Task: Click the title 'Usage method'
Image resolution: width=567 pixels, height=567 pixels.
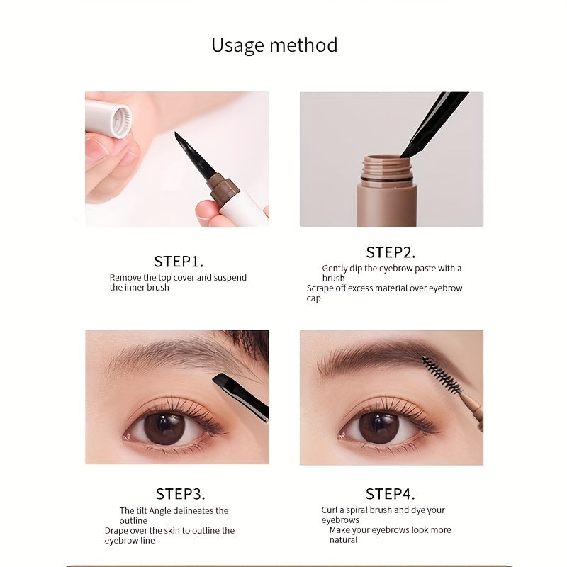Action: pyautogui.click(x=274, y=45)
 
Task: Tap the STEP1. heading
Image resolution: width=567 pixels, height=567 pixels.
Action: pyautogui.click(x=179, y=261)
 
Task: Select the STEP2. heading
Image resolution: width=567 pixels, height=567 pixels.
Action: pyautogui.click(x=391, y=252)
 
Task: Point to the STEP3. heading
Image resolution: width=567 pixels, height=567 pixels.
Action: pyautogui.click(x=180, y=493)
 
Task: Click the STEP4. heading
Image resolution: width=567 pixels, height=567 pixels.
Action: pyautogui.click(x=391, y=493)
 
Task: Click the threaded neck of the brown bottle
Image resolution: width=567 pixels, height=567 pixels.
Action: pyautogui.click(x=386, y=170)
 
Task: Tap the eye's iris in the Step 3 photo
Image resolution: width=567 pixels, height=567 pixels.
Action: pyautogui.click(x=164, y=428)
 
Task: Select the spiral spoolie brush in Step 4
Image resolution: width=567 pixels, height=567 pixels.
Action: pyautogui.click(x=442, y=375)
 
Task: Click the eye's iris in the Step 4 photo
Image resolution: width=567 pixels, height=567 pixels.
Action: pyautogui.click(x=378, y=428)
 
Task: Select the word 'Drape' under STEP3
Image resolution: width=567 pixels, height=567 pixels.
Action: pyautogui.click(x=118, y=530)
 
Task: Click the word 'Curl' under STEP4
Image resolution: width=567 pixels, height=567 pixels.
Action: pyautogui.click(x=330, y=510)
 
